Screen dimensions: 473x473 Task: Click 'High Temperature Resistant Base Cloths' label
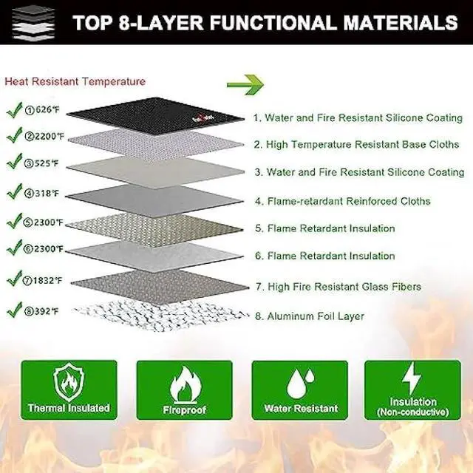click(x=355, y=145)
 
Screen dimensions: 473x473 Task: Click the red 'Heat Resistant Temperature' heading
click(x=75, y=81)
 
